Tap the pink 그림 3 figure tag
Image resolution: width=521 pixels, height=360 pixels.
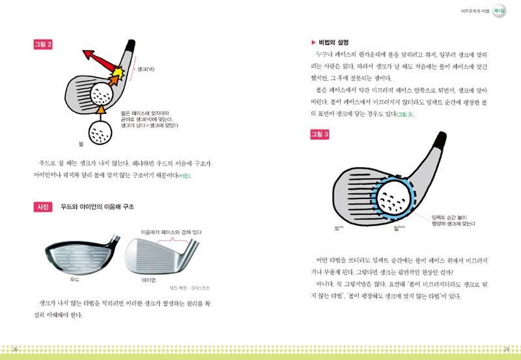[319, 135]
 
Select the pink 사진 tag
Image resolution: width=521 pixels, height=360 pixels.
[43, 207]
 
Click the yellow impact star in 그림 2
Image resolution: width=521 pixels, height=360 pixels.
[122, 69]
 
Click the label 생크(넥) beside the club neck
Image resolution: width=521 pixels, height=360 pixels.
[144, 68]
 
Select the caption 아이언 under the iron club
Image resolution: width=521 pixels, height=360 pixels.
[149, 280]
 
